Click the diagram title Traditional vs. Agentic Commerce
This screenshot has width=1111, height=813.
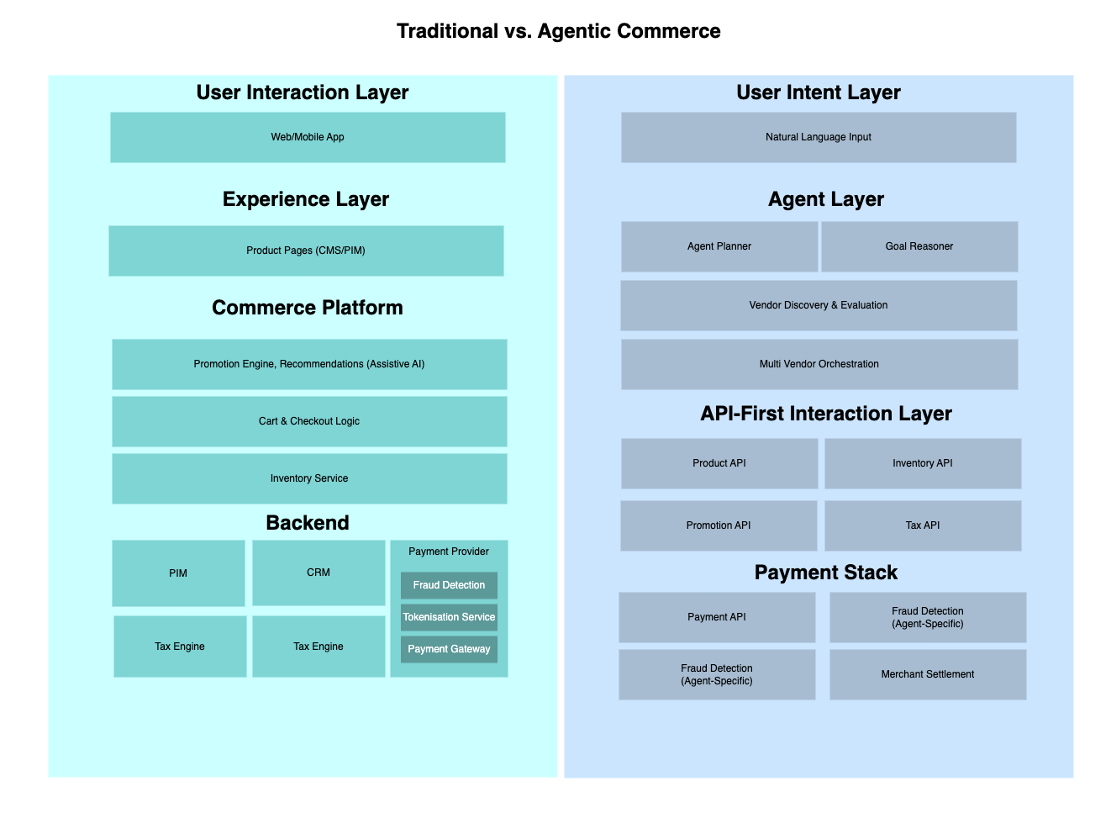tap(558, 31)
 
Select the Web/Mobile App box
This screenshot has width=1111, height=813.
tap(308, 137)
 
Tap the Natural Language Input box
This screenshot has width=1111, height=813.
tap(818, 137)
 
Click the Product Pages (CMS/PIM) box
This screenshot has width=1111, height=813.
tap(306, 251)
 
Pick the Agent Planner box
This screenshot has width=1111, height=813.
tap(719, 246)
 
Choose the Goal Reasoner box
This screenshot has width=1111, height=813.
tap(919, 246)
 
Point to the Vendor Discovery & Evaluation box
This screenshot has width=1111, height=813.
tap(818, 305)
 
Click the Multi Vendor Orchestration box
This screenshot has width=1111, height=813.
tap(819, 364)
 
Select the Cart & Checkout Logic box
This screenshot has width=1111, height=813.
tap(309, 421)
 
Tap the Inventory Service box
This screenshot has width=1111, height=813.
tap(309, 478)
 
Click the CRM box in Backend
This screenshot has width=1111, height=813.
tap(319, 573)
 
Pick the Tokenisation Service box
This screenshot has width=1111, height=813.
tap(449, 617)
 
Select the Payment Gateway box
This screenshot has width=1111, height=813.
tap(449, 649)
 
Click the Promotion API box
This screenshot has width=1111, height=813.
tap(719, 525)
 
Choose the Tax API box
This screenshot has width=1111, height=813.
tap(923, 525)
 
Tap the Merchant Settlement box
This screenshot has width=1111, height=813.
tap(927, 674)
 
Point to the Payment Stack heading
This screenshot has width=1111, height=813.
tap(825, 573)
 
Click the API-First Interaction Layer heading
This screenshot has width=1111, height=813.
tap(825, 414)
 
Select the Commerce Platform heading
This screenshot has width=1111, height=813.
tap(308, 308)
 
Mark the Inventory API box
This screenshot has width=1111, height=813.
tap(923, 463)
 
